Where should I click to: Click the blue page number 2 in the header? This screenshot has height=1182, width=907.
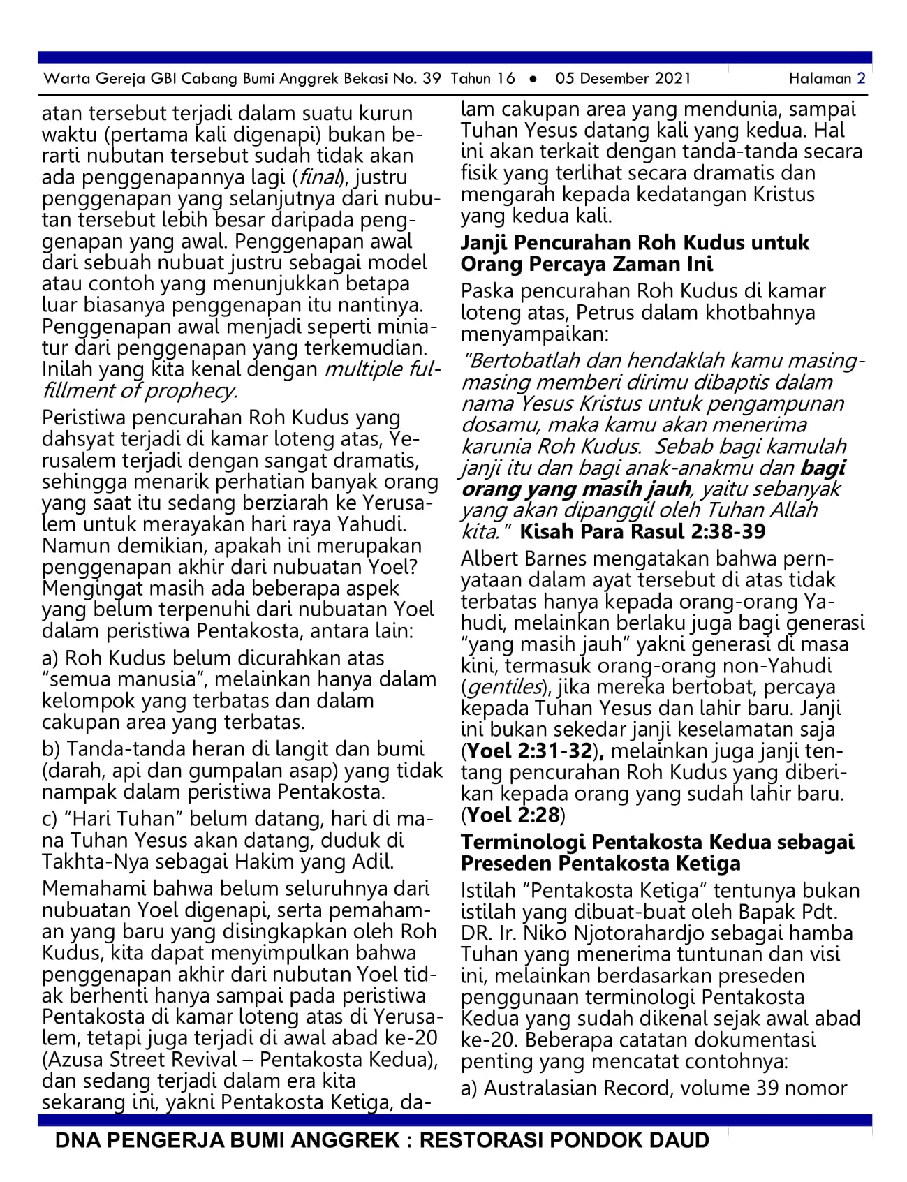point(861,78)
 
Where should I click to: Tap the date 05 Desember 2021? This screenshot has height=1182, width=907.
point(623,78)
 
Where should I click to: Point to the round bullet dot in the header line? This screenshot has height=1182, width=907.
point(533,79)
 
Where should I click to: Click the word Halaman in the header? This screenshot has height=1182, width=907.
point(820,78)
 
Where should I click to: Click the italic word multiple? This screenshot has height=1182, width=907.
point(363,369)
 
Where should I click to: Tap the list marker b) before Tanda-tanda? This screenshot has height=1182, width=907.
point(51,749)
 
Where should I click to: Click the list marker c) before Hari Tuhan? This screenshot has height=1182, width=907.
point(50,819)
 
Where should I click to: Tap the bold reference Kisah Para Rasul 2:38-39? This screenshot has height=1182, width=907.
point(642,531)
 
